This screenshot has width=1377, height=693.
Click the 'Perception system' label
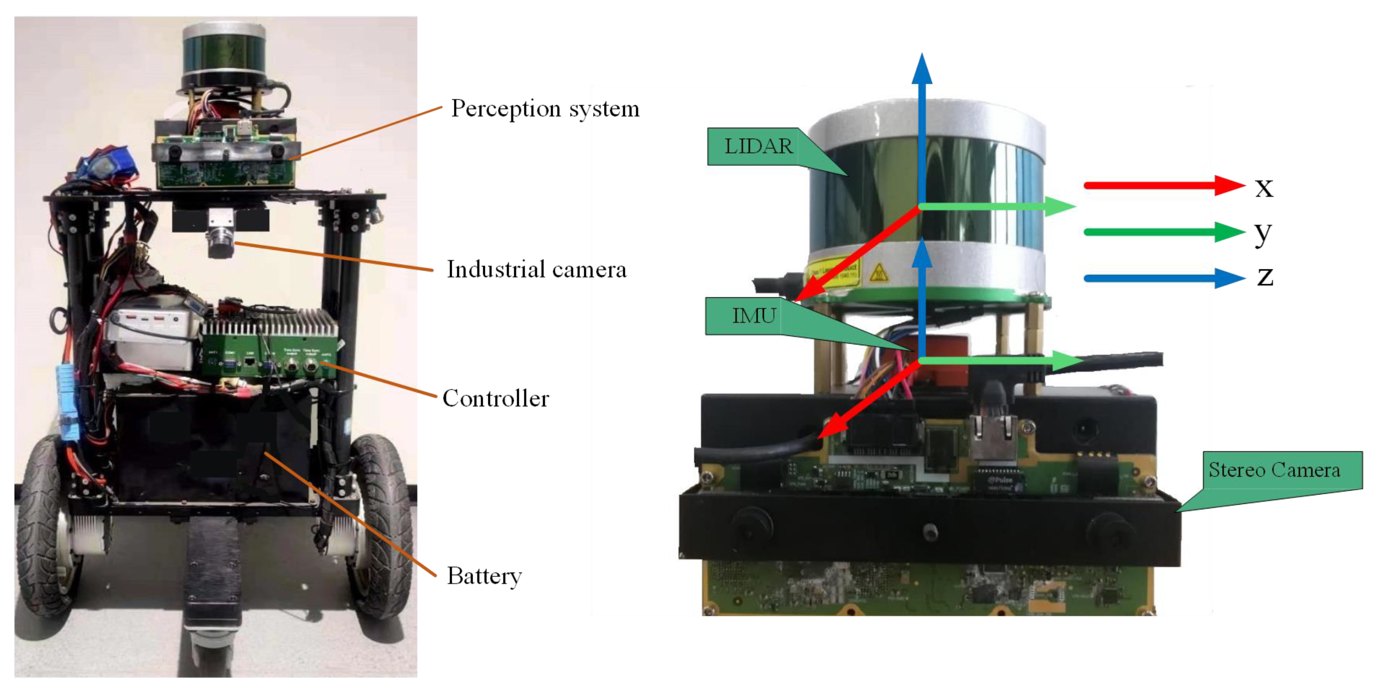pyautogui.click(x=545, y=109)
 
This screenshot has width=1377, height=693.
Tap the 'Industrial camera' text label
pyautogui.click(x=536, y=270)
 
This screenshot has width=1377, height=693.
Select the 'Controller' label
pyautogui.click(x=495, y=399)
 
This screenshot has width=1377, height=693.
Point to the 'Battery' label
pyautogui.click(x=484, y=576)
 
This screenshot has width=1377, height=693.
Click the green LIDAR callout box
pyautogui.click(x=758, y=146)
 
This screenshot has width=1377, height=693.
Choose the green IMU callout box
pyautogui.click(x=754, y=316)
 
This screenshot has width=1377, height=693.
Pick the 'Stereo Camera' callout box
pyautogui.click(x=1274, y=470)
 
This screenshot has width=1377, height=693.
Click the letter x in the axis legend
pyautogui.click(x=1264, y=187)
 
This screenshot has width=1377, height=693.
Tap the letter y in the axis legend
pyautogui.click(x=1263, y=234)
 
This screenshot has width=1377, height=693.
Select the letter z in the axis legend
pyautogui.click(x=1265, y=277)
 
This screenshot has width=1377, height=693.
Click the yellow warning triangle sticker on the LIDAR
pyautogui.click(x=878, y=273)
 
